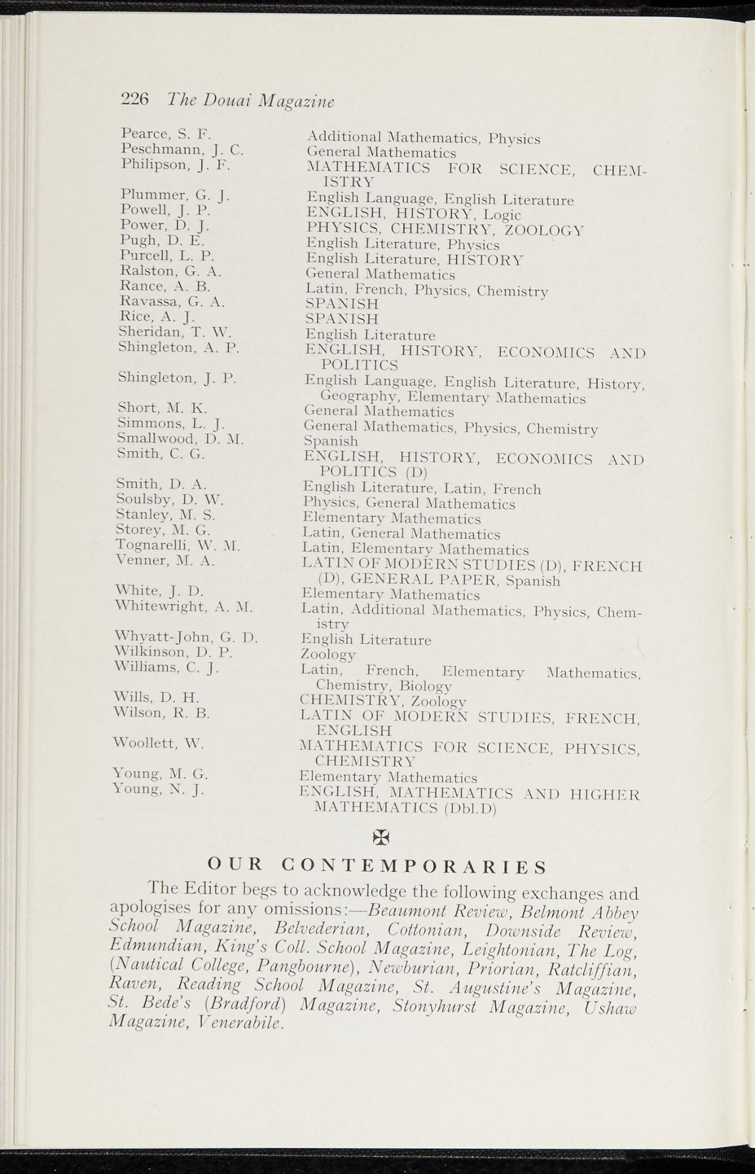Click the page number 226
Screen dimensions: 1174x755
(x=135, y=99)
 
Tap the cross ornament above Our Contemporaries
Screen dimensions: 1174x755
(x=381, y=838)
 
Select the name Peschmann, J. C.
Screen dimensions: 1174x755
(x=182, y=150)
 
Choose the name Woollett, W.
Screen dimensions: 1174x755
(x=159, y=743)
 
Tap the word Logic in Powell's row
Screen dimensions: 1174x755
(x=502, y=215)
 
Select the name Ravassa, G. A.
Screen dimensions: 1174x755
(x=172, y=301)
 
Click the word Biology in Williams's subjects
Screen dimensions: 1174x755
(x=426, y=686)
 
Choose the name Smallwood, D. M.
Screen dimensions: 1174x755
(x=180, y=439)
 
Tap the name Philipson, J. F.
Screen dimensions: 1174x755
(x=175, y=165)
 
